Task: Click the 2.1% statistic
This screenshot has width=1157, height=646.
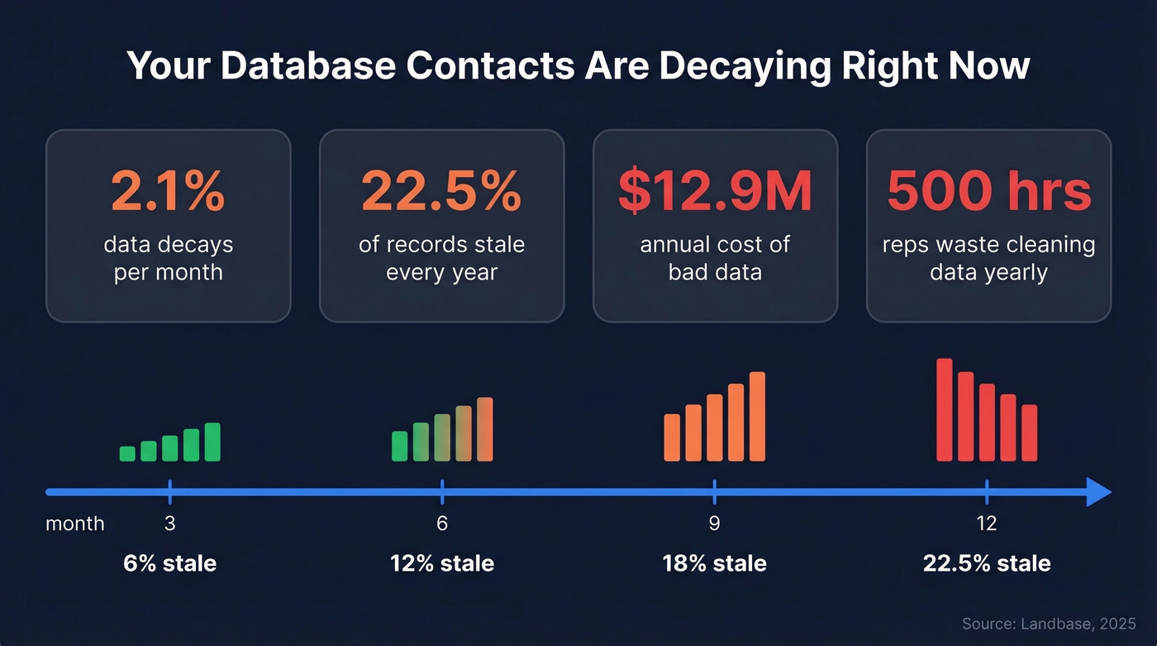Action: click(x=168, y=191)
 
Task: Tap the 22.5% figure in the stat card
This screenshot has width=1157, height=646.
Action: click(x=441, y=191)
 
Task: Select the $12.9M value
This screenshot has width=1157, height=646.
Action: click(x=715, y=191)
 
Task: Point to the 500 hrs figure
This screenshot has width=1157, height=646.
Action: click(x=988, y=191)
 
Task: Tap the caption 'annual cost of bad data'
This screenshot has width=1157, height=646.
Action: click(x=715, y=258)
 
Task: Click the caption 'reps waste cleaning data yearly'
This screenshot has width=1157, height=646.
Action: click(x=988, y=258)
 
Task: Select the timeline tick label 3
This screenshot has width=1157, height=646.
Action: click(x=169, y=524)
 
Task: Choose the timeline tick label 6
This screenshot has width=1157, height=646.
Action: click(x=442, y=524)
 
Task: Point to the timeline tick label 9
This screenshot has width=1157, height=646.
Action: click(x=714, y=524)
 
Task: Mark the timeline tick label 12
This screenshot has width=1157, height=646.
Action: click(x=987, y=524)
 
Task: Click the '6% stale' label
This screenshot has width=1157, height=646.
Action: click(x=169, y=564)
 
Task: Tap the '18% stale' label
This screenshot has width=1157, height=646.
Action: click(x=714, y=564)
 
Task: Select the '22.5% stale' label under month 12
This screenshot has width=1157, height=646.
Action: click(x=987, y=564)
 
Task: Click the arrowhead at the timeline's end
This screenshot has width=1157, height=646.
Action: click(x=1098, y=491)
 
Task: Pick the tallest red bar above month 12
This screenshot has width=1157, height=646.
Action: click(x=944, y=409)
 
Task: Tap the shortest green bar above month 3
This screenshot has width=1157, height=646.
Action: click(x=127, y=453)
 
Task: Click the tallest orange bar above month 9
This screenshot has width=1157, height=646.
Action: click(x=757, y=416)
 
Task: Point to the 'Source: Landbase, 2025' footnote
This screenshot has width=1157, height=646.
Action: click(x=1049, y=624)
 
